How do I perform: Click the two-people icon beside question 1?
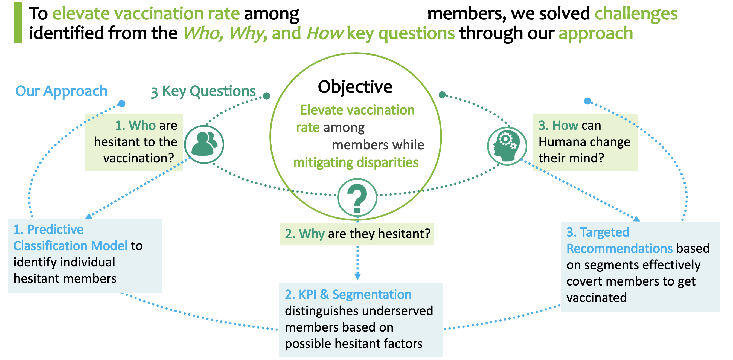pos(204,144)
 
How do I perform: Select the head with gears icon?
pos(507,146)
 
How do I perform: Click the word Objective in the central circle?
pos(355,87)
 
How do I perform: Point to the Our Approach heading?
pos(62,91)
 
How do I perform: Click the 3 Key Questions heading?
pos(203,92)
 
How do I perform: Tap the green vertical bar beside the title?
pos(18,23)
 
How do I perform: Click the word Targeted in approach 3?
pos(605,232)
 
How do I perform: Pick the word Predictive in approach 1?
pos(56,229)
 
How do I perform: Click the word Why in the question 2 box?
pos(312,234)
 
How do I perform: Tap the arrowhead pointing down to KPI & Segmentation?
pos(358,276)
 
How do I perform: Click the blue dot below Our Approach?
pos(122,104)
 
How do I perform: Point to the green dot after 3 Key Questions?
pos(266,96)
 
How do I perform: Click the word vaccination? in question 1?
pos(139,158)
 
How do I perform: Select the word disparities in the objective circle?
pos(388,163)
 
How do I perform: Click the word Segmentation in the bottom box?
pos(372,295)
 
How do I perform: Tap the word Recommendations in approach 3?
pos(620,249)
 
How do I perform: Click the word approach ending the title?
pos(596,34)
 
